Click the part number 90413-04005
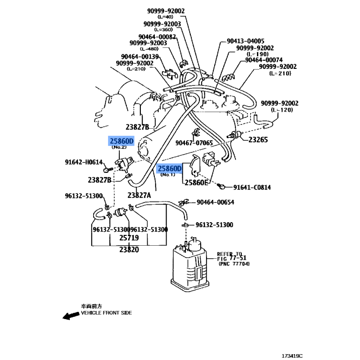click(242, 41)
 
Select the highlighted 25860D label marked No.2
click(122, 141)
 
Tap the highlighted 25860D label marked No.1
click(169, 169)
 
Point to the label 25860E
click(195, 183)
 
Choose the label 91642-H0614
click(84, 162)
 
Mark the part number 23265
click(258, 140)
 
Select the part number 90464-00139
click(139, 57)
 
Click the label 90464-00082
click(157, 37)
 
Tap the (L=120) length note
click(282, 110)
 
